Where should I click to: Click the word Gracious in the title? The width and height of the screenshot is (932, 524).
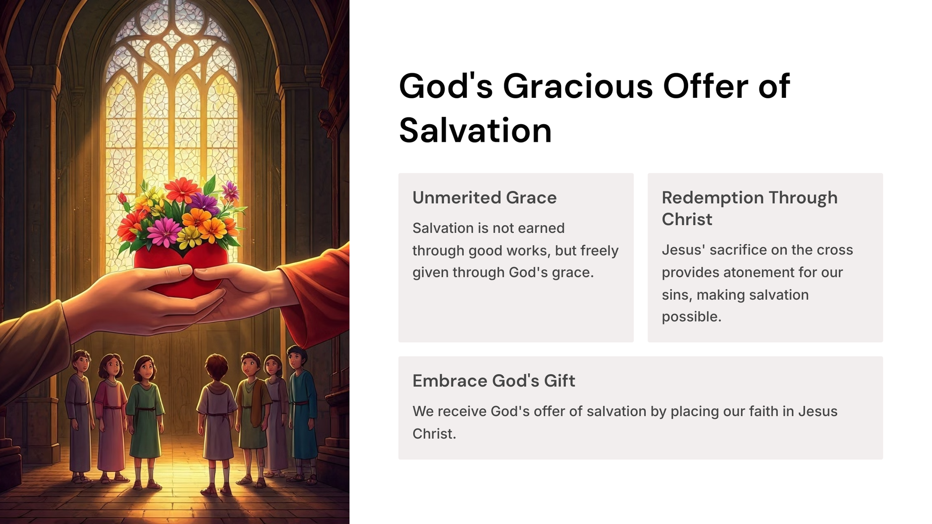578,86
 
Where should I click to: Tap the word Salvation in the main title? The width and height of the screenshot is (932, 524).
476,131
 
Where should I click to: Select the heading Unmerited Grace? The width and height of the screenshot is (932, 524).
484,197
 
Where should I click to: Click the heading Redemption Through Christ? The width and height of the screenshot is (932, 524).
750,208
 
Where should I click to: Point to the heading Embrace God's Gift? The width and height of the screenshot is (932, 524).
494,381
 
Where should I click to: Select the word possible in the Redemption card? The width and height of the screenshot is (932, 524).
691,317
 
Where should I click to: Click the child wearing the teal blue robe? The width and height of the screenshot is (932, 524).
301,414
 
